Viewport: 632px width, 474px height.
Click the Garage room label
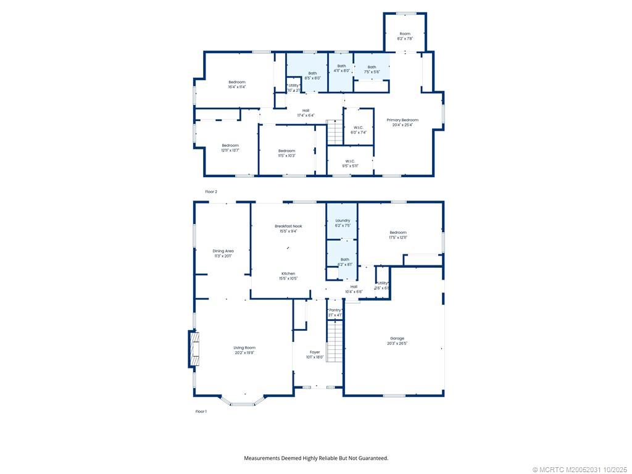397,338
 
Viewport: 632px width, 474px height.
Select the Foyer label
315,352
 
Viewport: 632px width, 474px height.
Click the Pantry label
335,310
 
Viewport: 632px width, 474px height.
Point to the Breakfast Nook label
288,227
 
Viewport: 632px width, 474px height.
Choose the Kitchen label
288,273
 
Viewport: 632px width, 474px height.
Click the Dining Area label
223,251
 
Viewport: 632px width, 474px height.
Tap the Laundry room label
343,220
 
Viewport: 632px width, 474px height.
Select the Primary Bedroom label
402,120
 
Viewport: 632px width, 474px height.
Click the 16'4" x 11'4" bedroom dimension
236,87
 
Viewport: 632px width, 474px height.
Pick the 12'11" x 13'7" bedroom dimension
230,150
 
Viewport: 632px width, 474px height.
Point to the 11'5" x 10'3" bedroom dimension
286,156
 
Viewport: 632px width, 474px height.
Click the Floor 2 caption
211,192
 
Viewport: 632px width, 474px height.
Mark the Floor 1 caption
201,411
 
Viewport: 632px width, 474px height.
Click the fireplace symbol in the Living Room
194,349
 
